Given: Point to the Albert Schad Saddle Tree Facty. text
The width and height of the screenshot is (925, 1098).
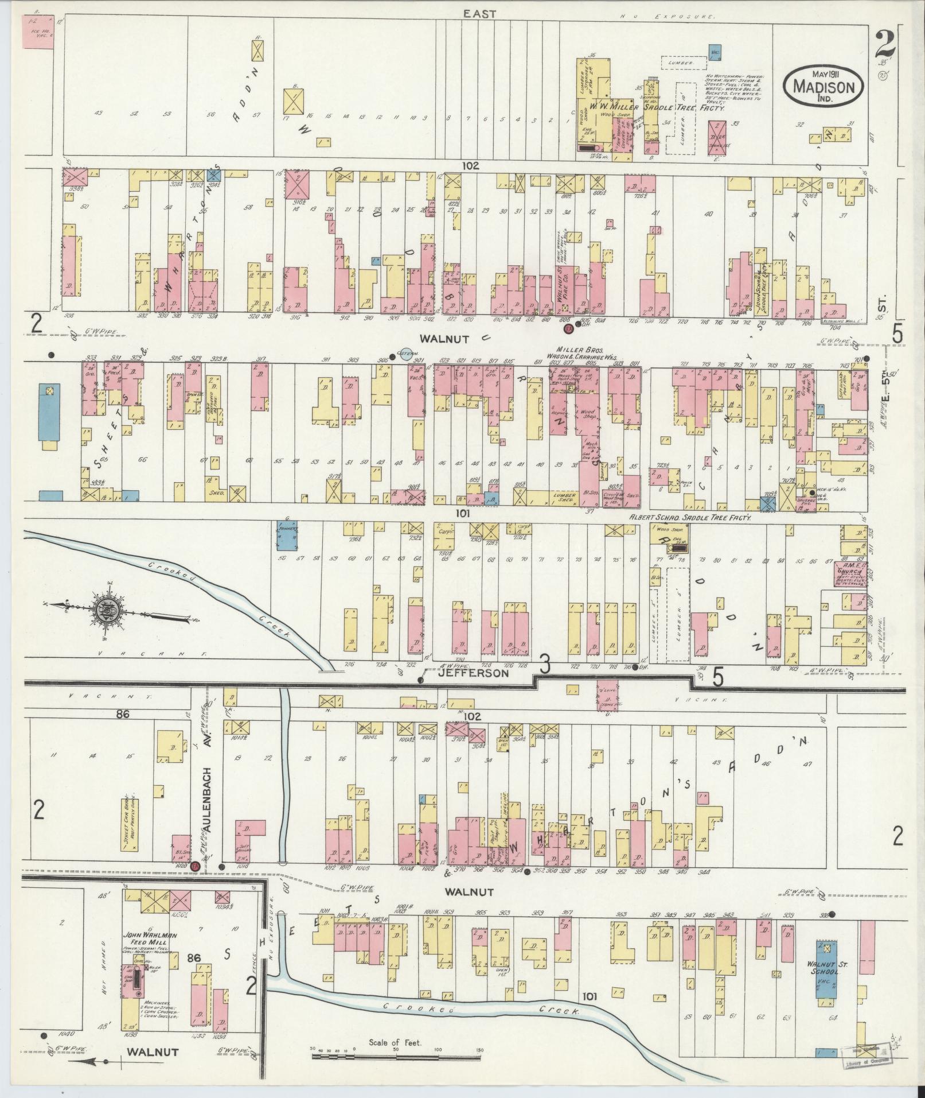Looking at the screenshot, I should click(689, 517).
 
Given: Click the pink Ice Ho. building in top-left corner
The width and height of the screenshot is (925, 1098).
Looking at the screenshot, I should click(37, 32).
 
